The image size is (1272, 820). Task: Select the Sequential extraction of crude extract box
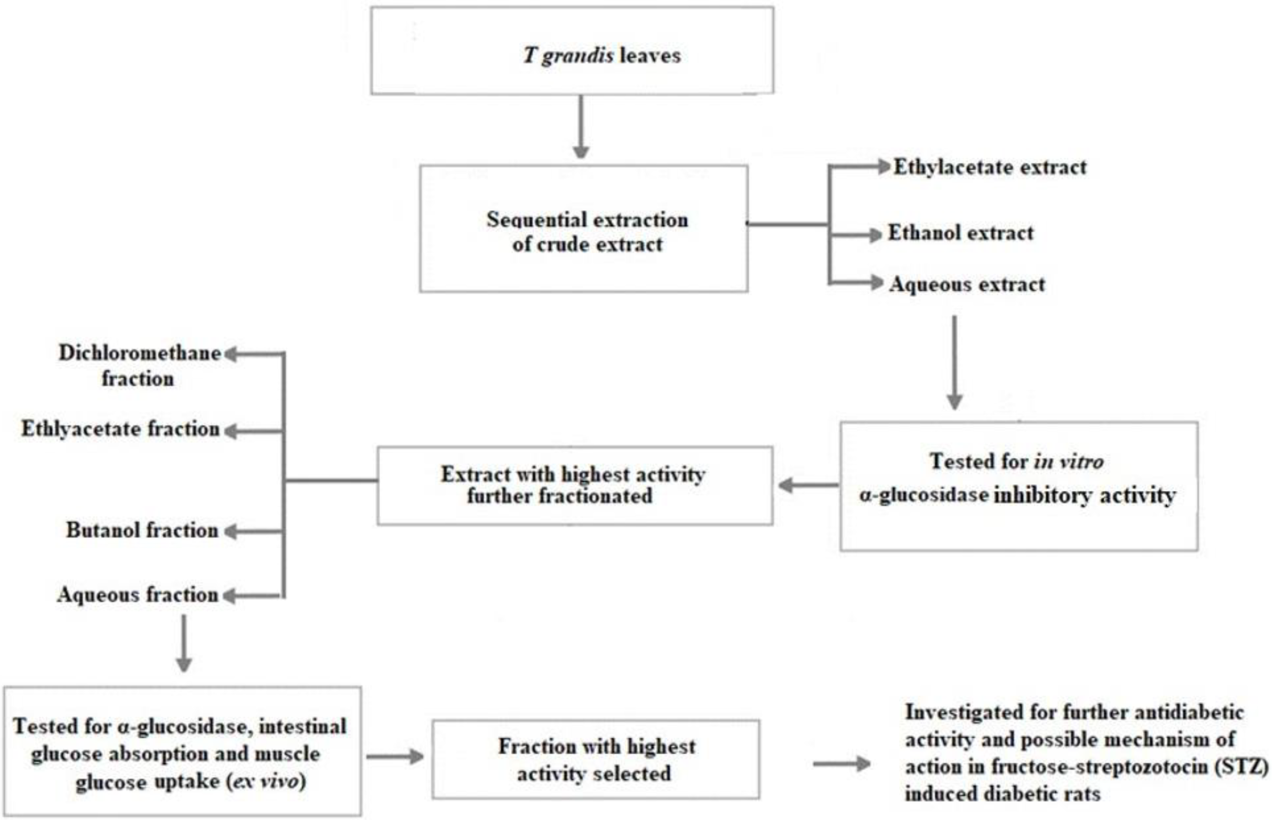click(x=583, y=229)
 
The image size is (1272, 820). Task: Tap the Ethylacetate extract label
click(x=989, y=167)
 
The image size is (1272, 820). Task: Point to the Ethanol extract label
click(x=960, y=233)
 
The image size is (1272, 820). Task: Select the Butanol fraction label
click(x=142, y=530)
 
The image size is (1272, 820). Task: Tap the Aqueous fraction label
click(x=138, y=595)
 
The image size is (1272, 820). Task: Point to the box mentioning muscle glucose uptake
click(x=182, y=753)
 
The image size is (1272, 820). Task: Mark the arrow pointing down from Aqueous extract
click(x=954, y=362)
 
